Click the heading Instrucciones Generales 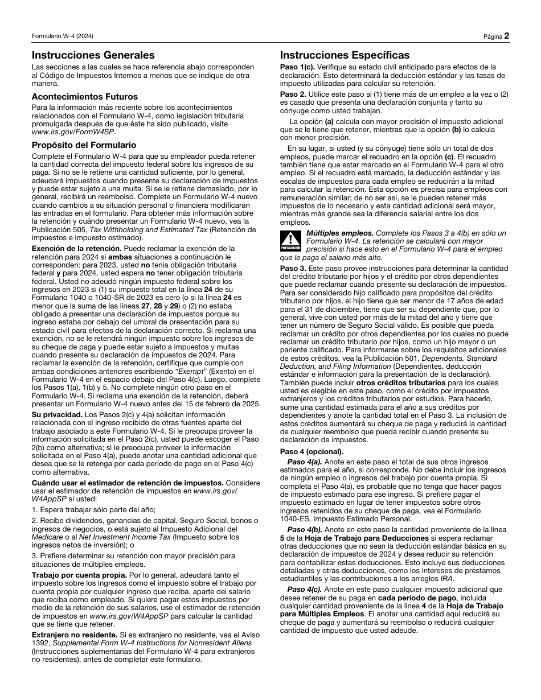[93, 55]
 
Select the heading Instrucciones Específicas [345, 55]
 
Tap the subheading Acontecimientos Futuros [84, 97]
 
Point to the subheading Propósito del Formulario [84, 145]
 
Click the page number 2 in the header [506, 36]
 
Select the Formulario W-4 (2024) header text [63, 36]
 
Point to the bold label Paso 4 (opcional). [312, 451]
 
